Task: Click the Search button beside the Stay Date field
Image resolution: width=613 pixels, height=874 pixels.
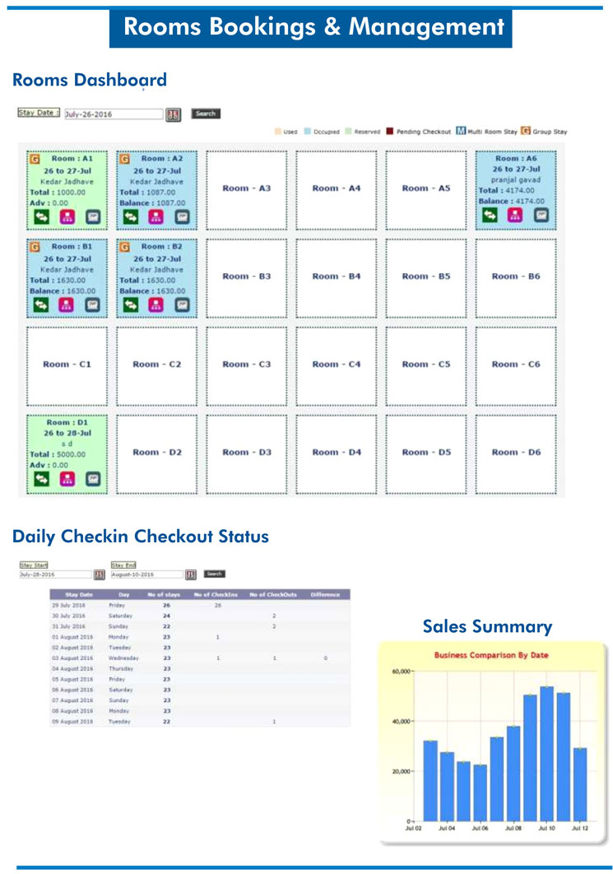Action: [206, 114]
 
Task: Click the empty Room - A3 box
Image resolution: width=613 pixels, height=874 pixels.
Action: [246, 188]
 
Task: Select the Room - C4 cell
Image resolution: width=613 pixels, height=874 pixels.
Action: [336, 365]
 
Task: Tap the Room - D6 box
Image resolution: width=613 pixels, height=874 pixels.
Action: [515, 452]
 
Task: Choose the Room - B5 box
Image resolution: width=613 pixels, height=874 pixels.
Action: [425, 277]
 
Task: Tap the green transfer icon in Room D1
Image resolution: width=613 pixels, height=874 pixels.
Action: [41, 479]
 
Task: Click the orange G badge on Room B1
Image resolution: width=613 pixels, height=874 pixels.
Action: [35, 246]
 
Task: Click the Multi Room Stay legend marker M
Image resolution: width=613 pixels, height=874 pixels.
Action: [461, 131]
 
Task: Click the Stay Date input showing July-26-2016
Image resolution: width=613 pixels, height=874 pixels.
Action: [113, 114]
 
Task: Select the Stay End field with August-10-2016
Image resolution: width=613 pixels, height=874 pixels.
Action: [146, 574]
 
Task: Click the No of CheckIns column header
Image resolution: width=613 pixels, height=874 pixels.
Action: [216, 594]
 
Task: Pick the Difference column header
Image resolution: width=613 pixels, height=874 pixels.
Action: [325, 594]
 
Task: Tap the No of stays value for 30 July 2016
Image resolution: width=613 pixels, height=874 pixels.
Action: [167, 616]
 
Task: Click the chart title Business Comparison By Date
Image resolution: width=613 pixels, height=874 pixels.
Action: [492, 655]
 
